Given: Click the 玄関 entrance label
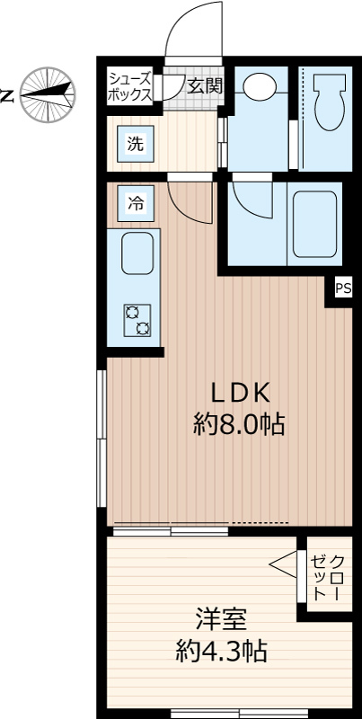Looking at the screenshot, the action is point(206,85).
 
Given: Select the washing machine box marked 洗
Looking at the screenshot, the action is point(135,144).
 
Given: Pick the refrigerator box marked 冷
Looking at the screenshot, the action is point(135,204).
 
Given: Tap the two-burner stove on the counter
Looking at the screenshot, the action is point(137,320).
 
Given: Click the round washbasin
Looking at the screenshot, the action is point(260,86).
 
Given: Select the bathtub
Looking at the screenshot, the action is point(314,224).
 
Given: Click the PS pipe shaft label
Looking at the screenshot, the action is point(344,288).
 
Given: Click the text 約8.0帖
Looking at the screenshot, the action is point(239,424).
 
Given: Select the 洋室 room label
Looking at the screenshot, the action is point(222,620).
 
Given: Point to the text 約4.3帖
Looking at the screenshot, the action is point(222,650).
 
